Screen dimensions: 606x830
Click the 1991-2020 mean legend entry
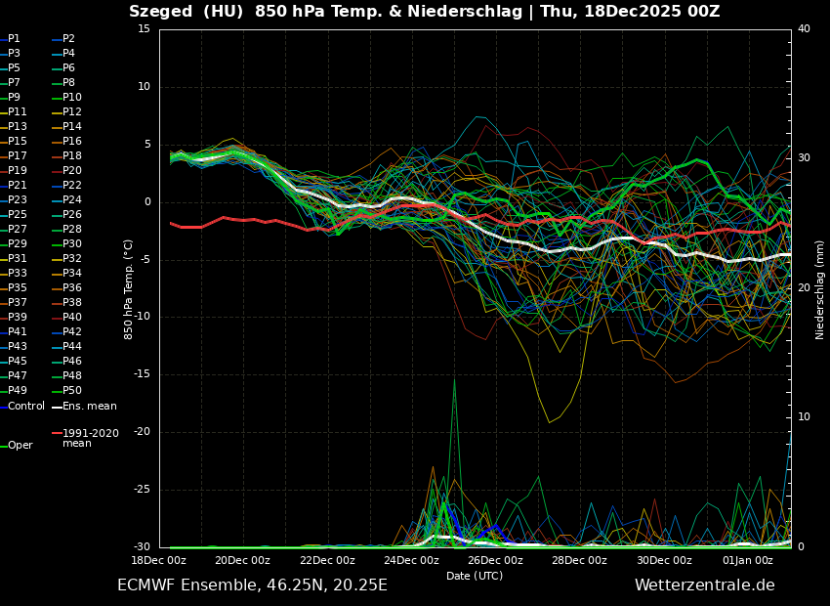[90, 438]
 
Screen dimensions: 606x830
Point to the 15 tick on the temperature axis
[144, 29]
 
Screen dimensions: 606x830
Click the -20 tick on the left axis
[141, 432]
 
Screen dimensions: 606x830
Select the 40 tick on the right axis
[804, 29]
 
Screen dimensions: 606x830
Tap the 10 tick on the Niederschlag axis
[804, 417]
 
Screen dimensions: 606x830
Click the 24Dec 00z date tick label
[411, 561]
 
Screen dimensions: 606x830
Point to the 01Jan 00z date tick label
[748, 561]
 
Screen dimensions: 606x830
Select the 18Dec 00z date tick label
[159, 561]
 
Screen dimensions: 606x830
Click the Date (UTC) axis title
[475, 577]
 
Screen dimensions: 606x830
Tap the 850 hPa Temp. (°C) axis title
[129, 289]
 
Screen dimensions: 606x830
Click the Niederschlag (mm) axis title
[820, 289]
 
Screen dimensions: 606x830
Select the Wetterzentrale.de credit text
[704, 585]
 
